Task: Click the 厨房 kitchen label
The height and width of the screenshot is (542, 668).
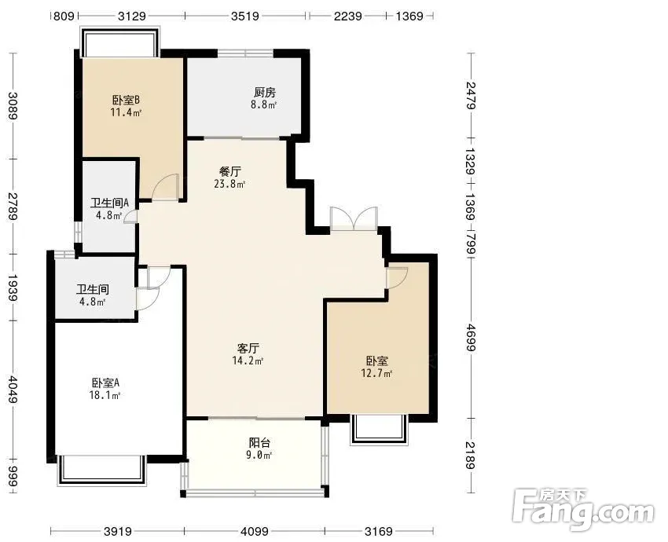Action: pyautogui.click(x=265, y=92)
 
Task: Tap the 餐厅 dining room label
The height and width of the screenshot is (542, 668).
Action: pyautogui.click(x=230, y=171)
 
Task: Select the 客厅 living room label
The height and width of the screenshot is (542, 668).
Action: pyautogui.click(x=248, y=348)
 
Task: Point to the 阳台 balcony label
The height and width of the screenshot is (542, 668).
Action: pyautogui.click(x=259, y=443)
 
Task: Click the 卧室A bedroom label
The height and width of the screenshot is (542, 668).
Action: pyautogui.click(x=105, y=383)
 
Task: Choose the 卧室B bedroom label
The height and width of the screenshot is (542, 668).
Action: pyautogui.click(x=126, y=100)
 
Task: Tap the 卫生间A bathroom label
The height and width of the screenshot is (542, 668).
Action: pyautogui.click(x=109, y=203)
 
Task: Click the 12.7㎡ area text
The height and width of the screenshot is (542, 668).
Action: pyautogui.click(x=376, y=374)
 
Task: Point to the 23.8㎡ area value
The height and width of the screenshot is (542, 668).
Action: pyautogui.click(x=230, y=184)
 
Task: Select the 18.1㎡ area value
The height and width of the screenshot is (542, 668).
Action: pyautogui.click(x=105, y=395)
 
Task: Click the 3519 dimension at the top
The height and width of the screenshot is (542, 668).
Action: pyautogui.click(x=245, y=16)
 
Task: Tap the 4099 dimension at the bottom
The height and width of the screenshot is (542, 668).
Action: pyautogui.click(x=255, y=531)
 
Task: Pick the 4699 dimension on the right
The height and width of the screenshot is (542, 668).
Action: pyautogui.click(x=470, y=338)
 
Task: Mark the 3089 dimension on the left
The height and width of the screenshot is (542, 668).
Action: pyautogui.click(x=13, y=106)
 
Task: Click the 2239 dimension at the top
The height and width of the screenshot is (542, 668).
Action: pyautogui.click(x=347, y=16)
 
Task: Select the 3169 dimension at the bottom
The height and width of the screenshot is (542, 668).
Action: pyautogui.click(x=379, y=531)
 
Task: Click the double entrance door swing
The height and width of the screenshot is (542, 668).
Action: pyautogui.click(x=354, y=218)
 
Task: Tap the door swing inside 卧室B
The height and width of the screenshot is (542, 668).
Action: pyautogui.click(x=165, y=186)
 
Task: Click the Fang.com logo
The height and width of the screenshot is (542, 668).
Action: pyautogui.click(x=583, y=510)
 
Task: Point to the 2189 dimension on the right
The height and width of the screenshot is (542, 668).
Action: pyautogui.click(x=470, y=455)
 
